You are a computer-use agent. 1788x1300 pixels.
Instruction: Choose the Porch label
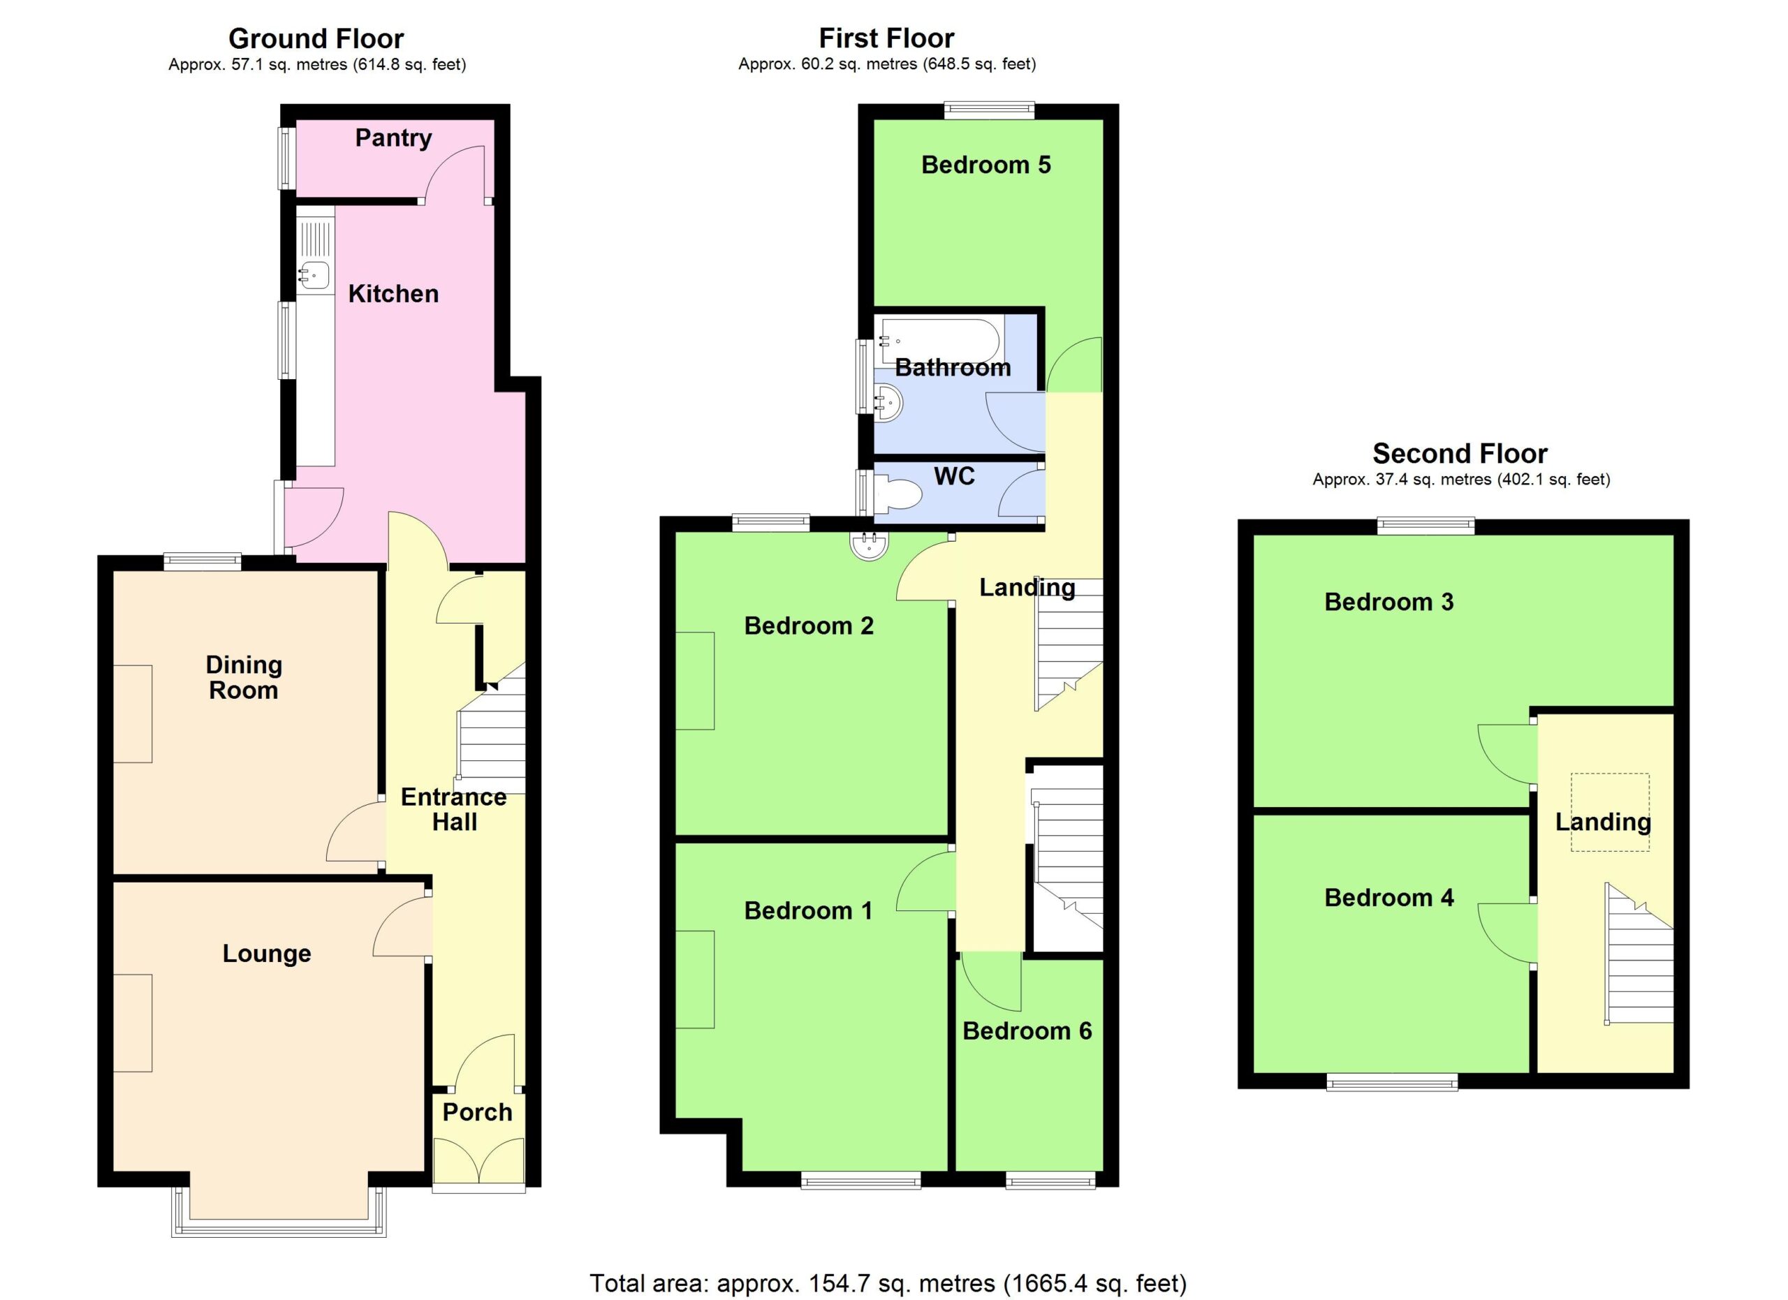(x=477, y=1112)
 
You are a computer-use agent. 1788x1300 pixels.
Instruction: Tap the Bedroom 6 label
(x=1027, y=1031)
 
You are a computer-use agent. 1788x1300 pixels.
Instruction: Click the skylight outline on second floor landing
(x=1609, y=812)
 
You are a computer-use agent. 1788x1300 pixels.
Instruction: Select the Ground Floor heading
(x=316, y=38)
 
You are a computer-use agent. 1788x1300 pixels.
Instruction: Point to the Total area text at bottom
(x=888, y=1283)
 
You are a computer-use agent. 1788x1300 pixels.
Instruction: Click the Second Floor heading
(x=1460, y=454)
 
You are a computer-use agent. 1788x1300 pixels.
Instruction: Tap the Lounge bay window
(x=279, y=1213)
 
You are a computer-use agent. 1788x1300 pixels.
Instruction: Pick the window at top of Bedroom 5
(x=990, y=110)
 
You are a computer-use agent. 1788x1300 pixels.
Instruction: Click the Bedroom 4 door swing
(x=1507, y=933)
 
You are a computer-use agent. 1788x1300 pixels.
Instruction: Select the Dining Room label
(x=244, y=677)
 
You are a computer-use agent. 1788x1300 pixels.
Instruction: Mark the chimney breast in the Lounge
(x=133, y=1023)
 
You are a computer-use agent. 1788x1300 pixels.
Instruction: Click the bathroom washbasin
(x=888, y=403)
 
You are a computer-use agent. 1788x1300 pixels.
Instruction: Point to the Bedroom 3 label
(x=1389, y=602)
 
